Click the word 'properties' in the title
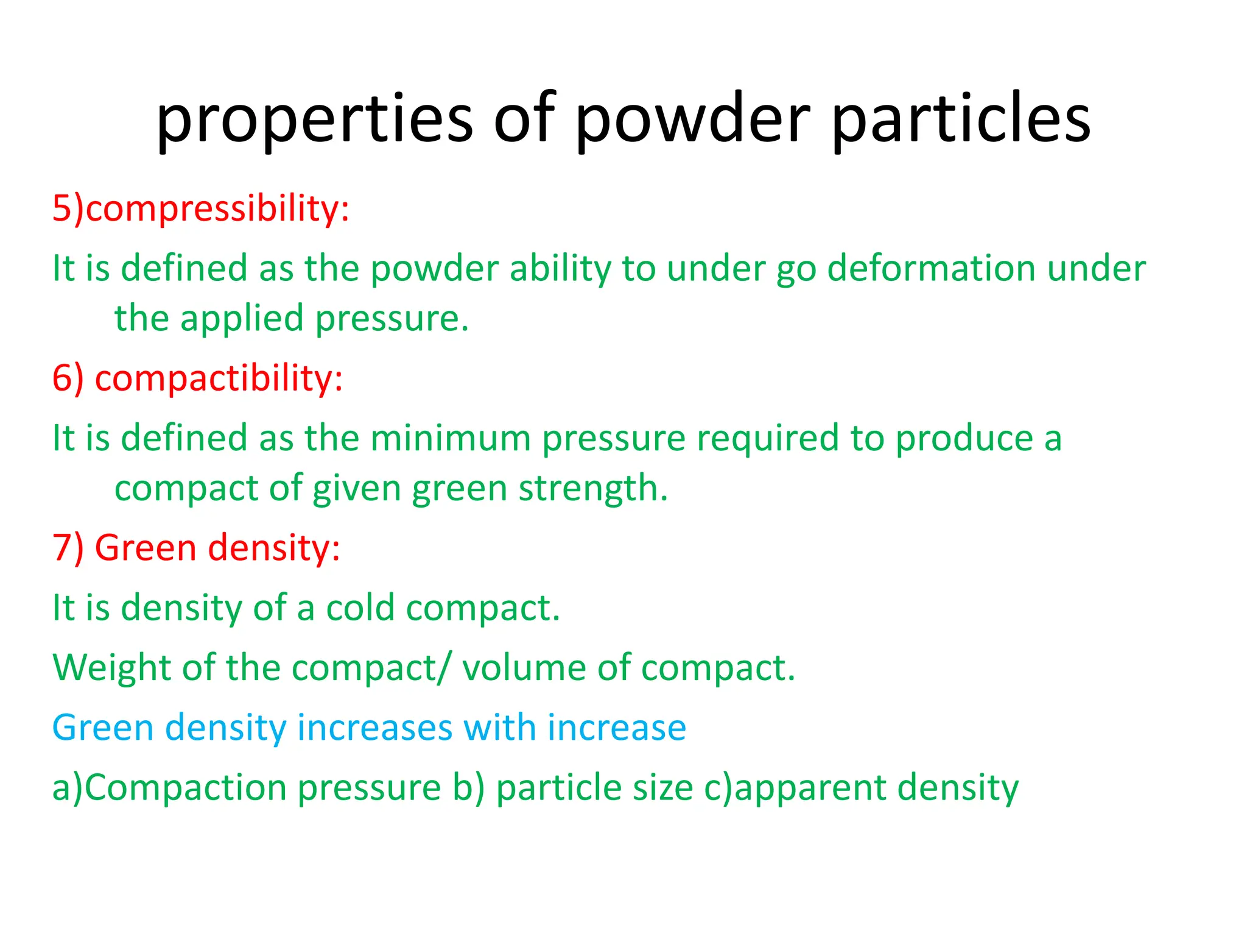click(314, 119)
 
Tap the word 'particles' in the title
click(961, 119)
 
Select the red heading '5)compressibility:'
click(201, 208)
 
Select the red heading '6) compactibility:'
click(198, 378)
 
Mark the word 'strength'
click(592, 489)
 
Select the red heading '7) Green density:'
click(196, 547)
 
